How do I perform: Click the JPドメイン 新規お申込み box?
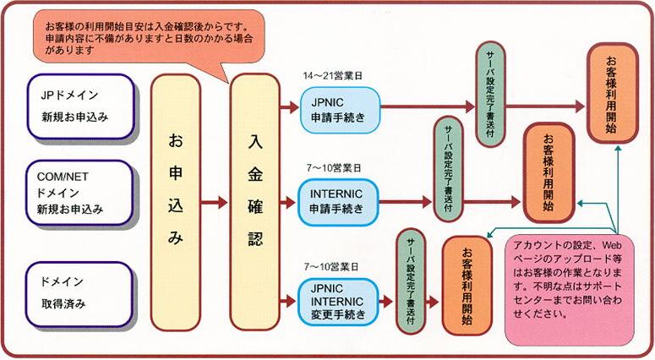tap(80, 106)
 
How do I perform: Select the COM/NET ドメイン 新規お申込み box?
tap(79, 193)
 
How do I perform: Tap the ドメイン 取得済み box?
tap(79, 294)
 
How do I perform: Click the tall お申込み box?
tap(176, 203)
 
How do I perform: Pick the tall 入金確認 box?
tap(254, 202)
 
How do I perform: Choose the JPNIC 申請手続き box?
tap(341, 110)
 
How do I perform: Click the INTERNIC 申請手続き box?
tap(338, 202)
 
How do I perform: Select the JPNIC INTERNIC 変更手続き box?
tap(338, 302)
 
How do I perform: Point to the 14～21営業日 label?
tap(332, 75)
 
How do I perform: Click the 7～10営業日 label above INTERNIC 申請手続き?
tap(333, 168)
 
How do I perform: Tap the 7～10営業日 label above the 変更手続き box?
tap(331, 267)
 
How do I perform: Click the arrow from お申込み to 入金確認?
tap(215, 203)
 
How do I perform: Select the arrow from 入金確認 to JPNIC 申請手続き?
tap(290, 107)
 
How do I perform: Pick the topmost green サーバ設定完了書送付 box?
tap(490, 94)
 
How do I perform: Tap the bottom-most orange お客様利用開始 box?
tap(467, 286)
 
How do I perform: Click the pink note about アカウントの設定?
tap(570, 291)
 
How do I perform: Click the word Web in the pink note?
tap(612, 245)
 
